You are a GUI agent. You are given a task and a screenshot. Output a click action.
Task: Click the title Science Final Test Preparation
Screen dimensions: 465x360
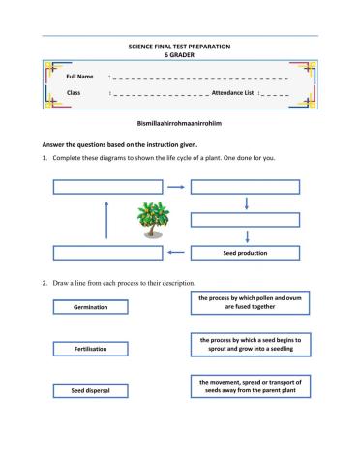pyautogui.click(x=180, y=46)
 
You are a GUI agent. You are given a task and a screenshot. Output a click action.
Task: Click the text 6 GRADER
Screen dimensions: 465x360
pyautogui.click(x=180, y=55)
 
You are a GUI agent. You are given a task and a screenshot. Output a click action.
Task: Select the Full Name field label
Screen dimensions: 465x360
pyautogui.click(x=79, y=77)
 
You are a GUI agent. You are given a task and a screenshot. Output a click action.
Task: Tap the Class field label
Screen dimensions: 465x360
pyautogui.click(x=73, y=92)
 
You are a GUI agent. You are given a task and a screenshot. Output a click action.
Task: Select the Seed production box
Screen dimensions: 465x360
pyautogui.click(x=245, y=253)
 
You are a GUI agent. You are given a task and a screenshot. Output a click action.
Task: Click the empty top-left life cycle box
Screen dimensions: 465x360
pyautogui.click(x=105, y=187)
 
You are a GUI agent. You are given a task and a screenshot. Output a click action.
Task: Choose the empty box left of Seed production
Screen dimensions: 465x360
pyautogui.click(x=105, y=253)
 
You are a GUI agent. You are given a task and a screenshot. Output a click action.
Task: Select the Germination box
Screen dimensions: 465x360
pyautogui.click(x=90, y=306)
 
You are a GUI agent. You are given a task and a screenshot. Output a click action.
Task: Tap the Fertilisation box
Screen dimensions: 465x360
pyautogui.click(x=90, y=348)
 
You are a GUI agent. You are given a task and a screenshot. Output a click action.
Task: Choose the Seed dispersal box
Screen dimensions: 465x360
pyautogui.click(x=90, y=389)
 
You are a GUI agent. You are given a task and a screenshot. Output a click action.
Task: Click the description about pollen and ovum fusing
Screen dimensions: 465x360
pyautogui.click(x=250, y=303)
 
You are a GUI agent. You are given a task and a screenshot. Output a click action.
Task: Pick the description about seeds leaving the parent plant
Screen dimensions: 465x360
pyautogui.click(x=250, y=387)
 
